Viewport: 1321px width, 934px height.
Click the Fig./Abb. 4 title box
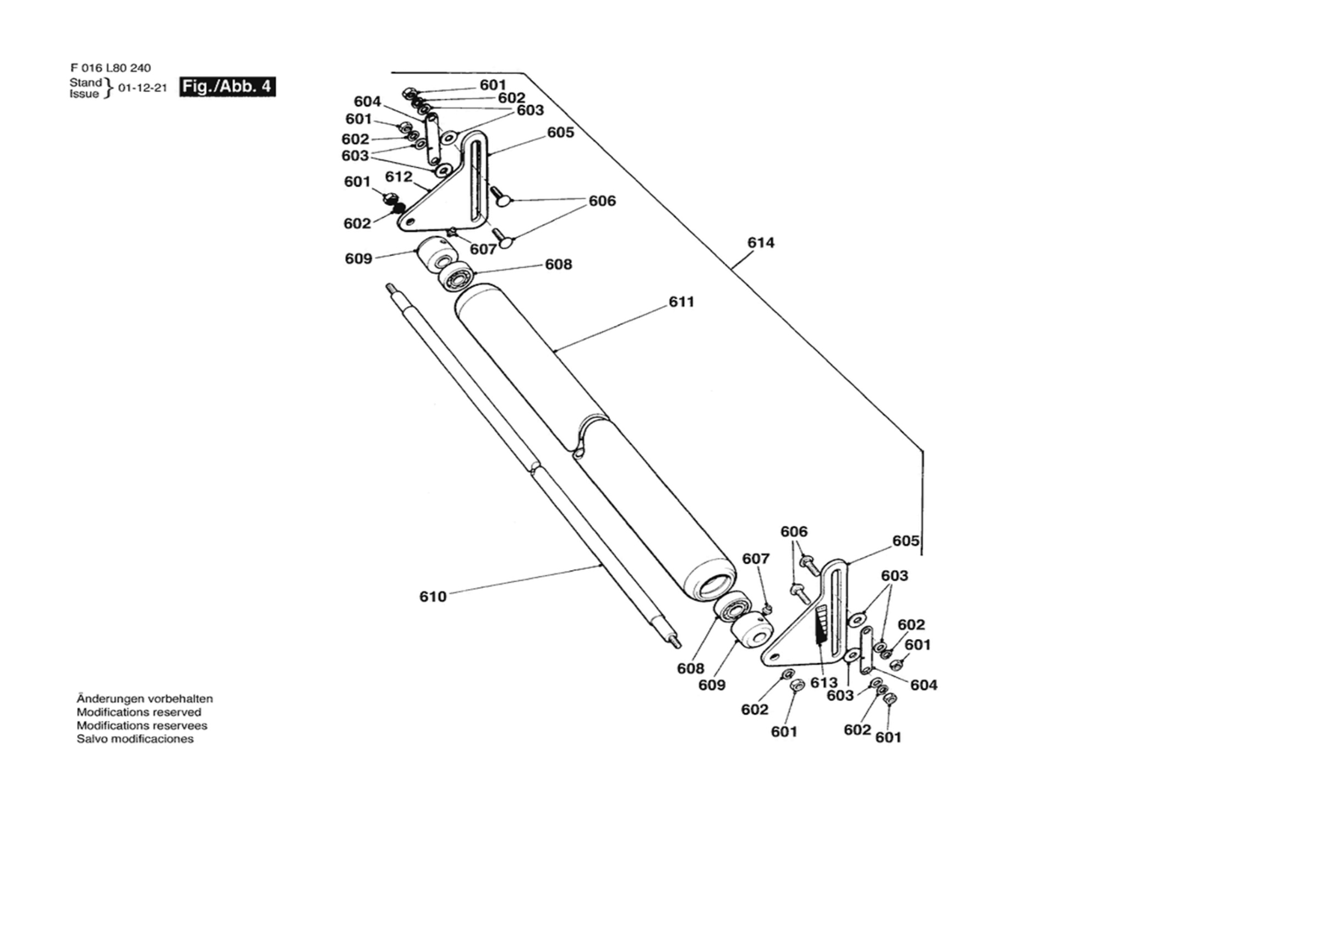coord(227,86)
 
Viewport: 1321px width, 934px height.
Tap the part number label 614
coord(761,243)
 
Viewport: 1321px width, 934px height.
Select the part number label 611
coord(682,302)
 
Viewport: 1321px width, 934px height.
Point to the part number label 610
coord(433,597)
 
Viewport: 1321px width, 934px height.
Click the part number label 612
coord(399,177)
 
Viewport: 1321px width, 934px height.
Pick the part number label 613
coord(824,682)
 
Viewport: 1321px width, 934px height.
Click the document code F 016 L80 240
coord(111,68)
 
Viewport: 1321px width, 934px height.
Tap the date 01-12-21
coord(142,88)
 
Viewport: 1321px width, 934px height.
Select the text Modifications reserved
coord(139,712)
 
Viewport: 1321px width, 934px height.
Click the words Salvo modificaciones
coord(135,739)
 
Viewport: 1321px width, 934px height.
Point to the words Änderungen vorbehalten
coord(145,698)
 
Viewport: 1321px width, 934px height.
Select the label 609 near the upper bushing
coord(358,259)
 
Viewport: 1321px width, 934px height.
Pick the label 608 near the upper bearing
coord(559,264)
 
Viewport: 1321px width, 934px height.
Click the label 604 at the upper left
coord(367,102)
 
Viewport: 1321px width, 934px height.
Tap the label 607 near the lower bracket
coord(755,559)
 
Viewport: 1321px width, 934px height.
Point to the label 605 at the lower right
coord(906,541)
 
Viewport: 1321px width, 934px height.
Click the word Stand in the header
coord(86,83)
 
